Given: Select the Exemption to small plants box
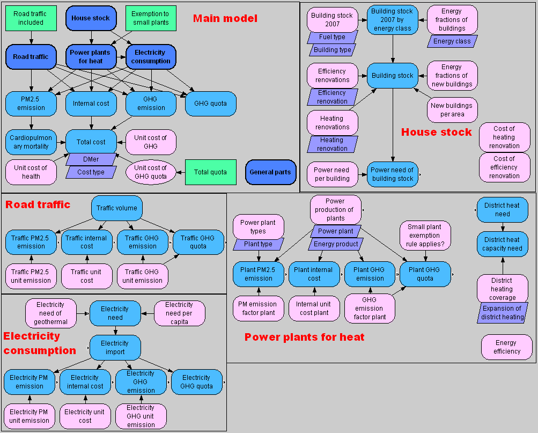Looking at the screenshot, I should click(x=150, y=18).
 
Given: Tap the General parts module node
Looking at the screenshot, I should click(x=271, y=172).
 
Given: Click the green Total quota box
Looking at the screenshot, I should click(x=210, y=172).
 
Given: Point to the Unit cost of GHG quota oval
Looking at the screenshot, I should click(x=151, y=172).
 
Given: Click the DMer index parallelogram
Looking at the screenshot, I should click(x=91, y=159).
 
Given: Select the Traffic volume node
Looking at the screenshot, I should click(x=116, y=208).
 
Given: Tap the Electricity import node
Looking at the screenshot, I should click(x=115, y=348).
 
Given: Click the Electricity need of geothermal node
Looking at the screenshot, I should click(x=51, y=313).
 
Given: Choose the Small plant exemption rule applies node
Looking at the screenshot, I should click(x=425, y=236).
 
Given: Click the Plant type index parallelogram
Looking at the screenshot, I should click(x=259, y=244).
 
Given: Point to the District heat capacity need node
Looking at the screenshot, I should click(x=502, y=244).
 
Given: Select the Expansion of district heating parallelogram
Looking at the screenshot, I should click(x=502, y=313).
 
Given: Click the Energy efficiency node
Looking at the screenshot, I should click(x=506, y=347).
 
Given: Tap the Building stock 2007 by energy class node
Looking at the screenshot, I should click(x=392, y=20).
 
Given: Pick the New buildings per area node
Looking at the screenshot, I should click(x=452, y=110).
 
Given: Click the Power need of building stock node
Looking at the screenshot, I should click(x=392, y=174).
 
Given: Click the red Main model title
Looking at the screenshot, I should click(x=225, y=19).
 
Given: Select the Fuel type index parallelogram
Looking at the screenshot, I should click(x=332, y=37).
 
